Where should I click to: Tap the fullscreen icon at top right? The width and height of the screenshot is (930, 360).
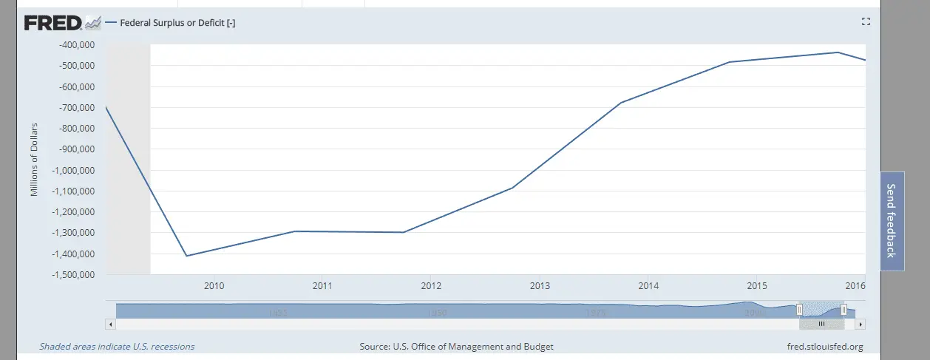[866, 22]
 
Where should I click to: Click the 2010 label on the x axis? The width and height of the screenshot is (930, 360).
[214, 286]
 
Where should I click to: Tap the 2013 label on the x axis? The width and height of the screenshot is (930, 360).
[540, 286]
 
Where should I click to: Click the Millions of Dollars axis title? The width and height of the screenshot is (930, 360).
[34, 160]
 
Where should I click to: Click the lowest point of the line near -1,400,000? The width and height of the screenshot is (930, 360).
[186, 256]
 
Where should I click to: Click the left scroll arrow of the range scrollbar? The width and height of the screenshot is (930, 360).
[112, 324]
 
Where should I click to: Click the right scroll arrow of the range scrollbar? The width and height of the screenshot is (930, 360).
[860, 324]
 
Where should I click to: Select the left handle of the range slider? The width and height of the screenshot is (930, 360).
[799, 310]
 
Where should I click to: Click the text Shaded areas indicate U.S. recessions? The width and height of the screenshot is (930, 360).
[117, 346]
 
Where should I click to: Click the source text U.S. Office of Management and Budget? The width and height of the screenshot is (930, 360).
[456, 346]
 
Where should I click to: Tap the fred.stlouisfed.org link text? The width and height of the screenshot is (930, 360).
[826, 346]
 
